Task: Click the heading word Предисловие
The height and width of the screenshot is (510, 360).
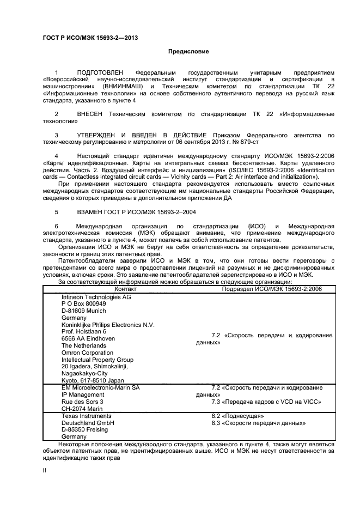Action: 187,51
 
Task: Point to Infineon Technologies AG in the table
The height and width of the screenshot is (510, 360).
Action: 96,296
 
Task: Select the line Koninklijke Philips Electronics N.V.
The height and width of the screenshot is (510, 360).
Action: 108,324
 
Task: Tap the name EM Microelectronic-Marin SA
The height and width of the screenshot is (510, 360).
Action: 100,387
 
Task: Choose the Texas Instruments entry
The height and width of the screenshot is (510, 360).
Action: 87,415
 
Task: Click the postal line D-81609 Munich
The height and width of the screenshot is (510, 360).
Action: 84,310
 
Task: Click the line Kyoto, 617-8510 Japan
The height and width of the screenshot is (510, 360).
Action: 93,380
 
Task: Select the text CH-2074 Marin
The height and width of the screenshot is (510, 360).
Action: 82,408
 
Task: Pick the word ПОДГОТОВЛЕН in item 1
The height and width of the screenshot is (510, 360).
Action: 101,72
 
